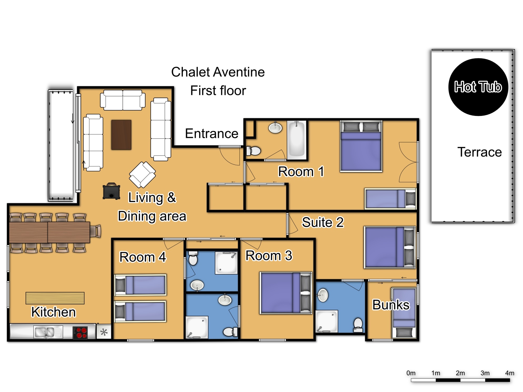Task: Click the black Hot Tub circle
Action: tap(478, 87)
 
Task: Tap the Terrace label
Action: tap(480, 152)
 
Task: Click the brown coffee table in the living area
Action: tap(121, 135)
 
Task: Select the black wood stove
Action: tap(111, 191)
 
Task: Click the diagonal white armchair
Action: tap(142, 175)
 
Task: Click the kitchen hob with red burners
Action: tap(80, 333)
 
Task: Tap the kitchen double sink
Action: tap(48, 332)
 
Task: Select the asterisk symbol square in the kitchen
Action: tap(104, 332)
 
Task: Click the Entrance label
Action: tap(212, 134)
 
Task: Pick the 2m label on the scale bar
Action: tap(460, 373)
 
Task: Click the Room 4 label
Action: tap(143, 257)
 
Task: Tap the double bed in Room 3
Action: tap(286, 293)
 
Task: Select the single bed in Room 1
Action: tap(390, 199)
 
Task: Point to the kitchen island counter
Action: tap(55, 298)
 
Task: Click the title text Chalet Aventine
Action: tap(218, 72)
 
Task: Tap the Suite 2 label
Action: tap(323, 222)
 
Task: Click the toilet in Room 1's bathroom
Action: tap(253, 151)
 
